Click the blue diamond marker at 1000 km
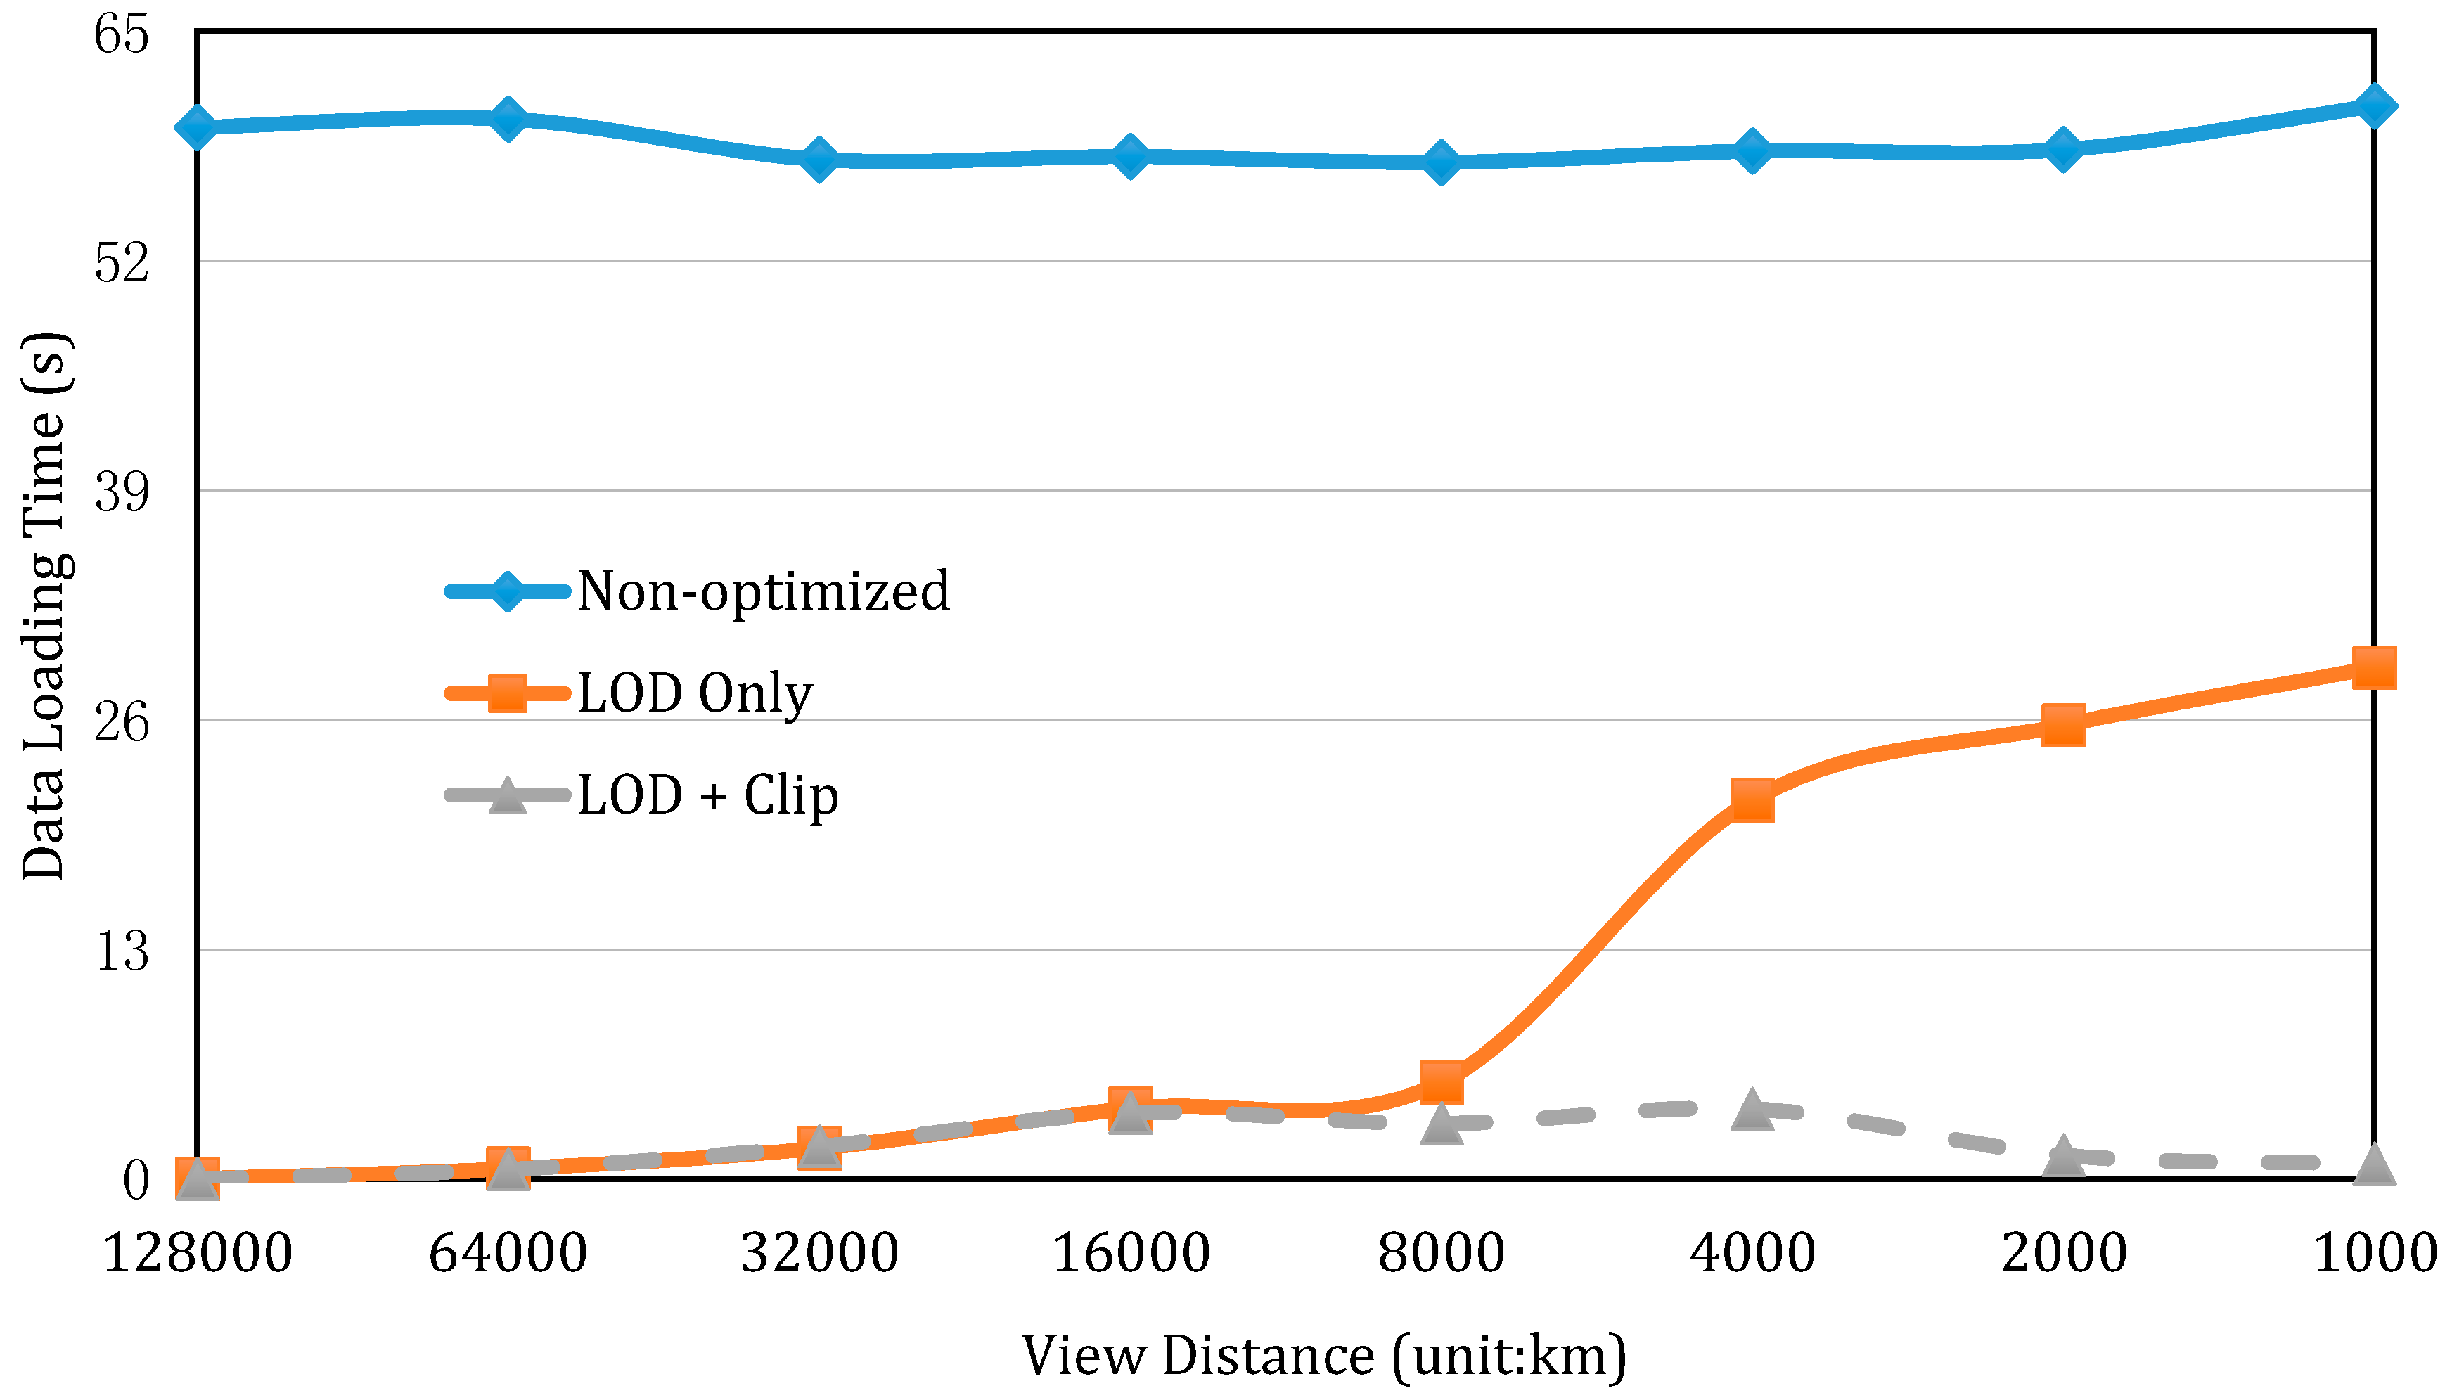coord(2373,105)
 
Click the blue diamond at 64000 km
coord(508,118)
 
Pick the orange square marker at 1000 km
coord(2373,667)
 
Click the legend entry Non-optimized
coord(762,591)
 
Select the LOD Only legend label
coord(694,693)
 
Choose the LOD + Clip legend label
coord(707,795)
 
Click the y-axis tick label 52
coord(122,262)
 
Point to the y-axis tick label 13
coord(122,951)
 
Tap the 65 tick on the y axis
coord(122,34)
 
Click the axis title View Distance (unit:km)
coord(1323,1355)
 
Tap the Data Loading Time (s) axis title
coord(44,605)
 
